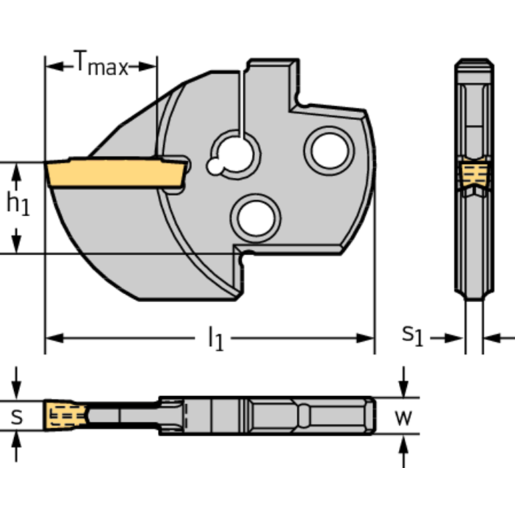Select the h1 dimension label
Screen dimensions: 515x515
click(x=18, y=205)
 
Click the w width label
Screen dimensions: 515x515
click(x=403, y=417)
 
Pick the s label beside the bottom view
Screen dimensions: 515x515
click(x=17, y=417)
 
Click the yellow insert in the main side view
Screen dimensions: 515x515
click(x=114, y=173)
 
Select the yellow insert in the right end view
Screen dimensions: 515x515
click(x=473, y=175)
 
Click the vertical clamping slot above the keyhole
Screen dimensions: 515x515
click(x=242, y=101)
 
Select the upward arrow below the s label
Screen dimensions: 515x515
click(x=17, y=440)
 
